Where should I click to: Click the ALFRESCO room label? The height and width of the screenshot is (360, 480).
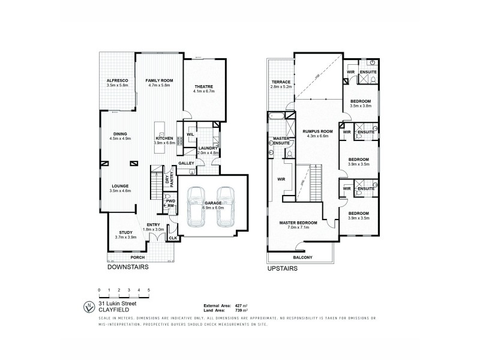coord(115,80)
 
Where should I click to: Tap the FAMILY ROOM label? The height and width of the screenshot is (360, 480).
coord(159,80)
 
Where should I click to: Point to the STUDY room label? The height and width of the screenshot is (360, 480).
coord(126,232)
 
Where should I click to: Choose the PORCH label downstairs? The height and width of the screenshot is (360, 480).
coord(138,259)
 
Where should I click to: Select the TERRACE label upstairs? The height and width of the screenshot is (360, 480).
coord(281,82)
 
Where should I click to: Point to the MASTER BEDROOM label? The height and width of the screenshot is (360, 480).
coord(298,223)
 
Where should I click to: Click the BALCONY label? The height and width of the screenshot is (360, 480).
coord(303,257)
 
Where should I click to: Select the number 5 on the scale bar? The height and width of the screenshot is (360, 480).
coord(148,290)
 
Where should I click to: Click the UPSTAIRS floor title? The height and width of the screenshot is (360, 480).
coord(282,269)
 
